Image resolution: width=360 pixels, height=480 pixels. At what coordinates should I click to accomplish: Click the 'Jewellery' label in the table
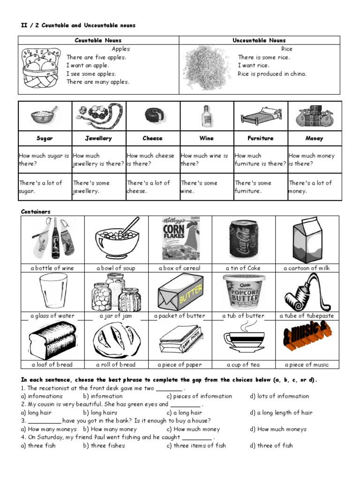[x=98, y=138]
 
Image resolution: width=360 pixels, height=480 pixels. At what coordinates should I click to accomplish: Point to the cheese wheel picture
[x=152, y=116]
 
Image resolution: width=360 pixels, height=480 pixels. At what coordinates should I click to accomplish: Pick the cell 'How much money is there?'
[x=314, y=159]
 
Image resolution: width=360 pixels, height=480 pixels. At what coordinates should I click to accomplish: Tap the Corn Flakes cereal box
[x=180, y=239]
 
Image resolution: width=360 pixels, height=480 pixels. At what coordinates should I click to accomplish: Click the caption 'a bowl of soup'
[x=116, y=268]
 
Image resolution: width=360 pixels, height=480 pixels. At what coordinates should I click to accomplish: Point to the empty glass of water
[x=52, y=292]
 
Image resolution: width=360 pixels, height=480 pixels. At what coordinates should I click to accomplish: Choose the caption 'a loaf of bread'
[x=52, y=364]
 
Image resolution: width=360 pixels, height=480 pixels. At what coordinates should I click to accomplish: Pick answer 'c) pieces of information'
[x=199, y=396]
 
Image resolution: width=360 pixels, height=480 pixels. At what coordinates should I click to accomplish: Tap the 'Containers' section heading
[x=36, y=212]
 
